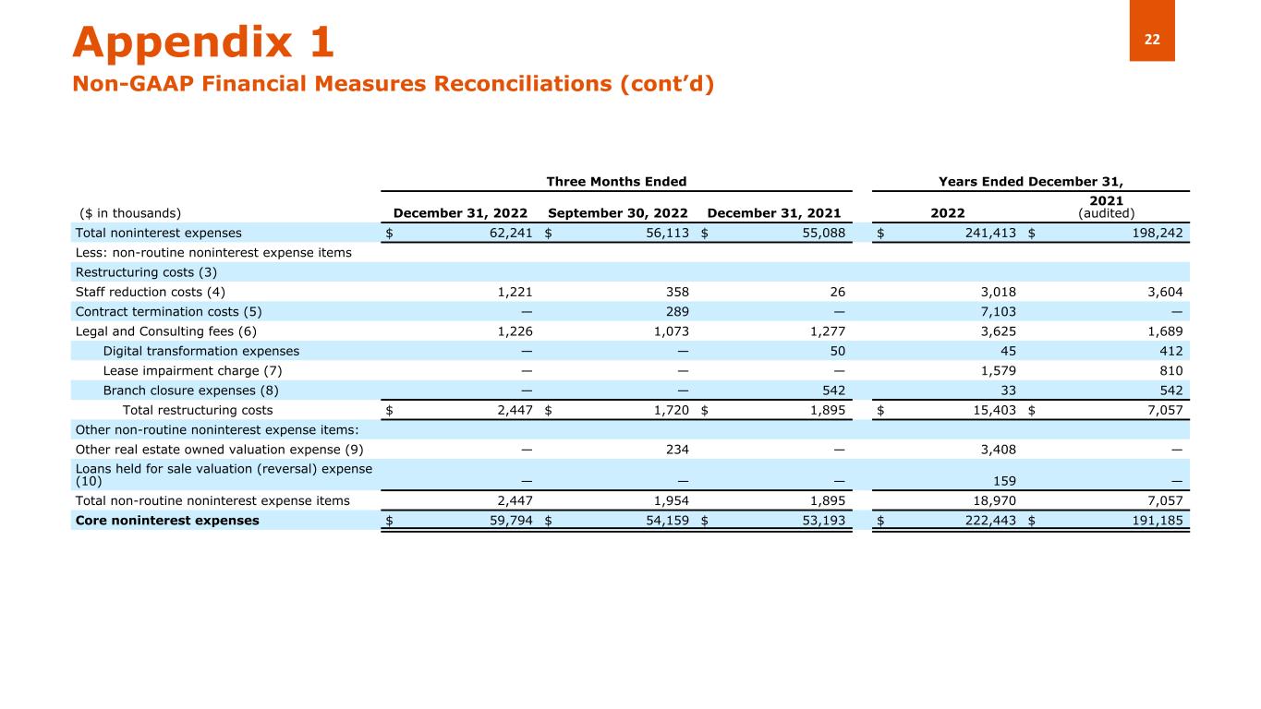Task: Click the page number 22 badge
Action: [x=1152, y=38]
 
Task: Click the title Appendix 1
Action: [x=203, y=42]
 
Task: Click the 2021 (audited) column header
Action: [x=1106, y=204]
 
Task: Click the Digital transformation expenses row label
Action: [x=200, y=351]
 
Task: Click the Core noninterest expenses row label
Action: [x=167, y=520]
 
